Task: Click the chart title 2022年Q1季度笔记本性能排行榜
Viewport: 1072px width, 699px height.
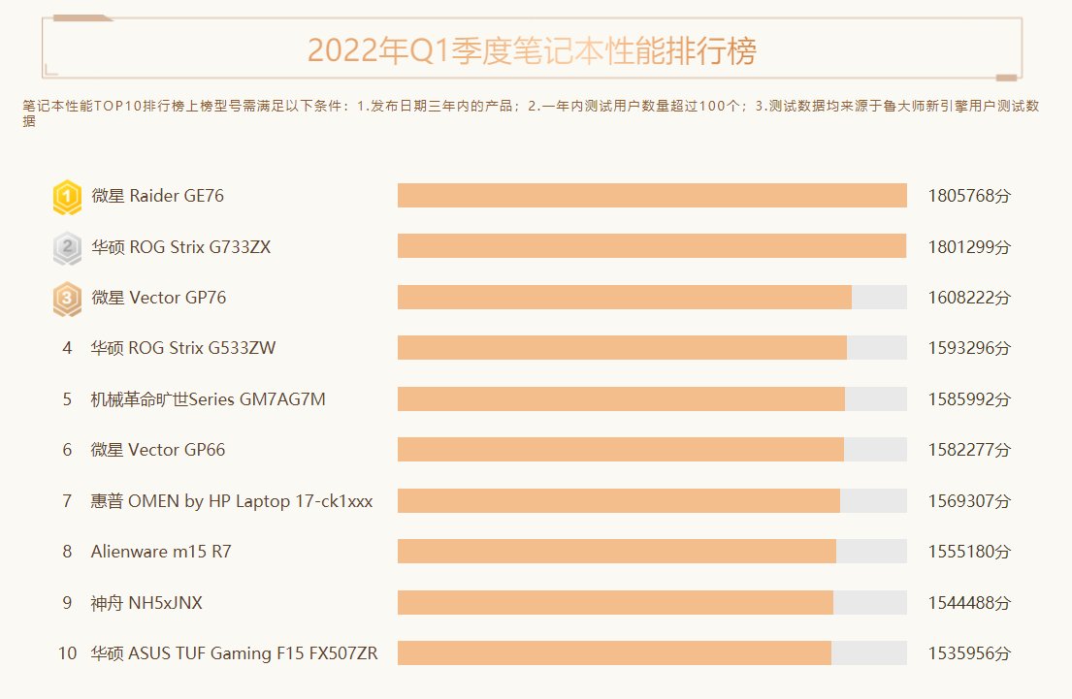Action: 532,50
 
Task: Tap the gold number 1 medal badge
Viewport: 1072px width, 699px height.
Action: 67,197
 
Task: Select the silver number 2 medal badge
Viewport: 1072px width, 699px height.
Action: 67,247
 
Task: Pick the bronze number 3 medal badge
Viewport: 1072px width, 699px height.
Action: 67,299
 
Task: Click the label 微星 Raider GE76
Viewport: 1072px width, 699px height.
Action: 157,196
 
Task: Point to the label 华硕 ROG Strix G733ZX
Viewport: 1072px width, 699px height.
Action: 180,247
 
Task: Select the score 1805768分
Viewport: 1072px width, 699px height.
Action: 968,196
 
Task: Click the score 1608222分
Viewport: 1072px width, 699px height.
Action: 968,298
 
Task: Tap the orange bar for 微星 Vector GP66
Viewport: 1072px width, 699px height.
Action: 620,450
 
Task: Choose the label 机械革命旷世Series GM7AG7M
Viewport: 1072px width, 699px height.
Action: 208,399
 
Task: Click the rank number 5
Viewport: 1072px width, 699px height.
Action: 67,399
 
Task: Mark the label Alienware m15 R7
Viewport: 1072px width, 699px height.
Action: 161,552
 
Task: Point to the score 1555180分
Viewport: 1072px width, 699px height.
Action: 968,552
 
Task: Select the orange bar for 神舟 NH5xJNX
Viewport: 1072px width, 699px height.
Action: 615,602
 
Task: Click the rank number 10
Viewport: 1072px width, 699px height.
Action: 67,653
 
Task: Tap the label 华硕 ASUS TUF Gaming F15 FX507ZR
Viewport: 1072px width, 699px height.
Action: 234,653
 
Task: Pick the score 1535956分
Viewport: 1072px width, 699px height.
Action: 968,653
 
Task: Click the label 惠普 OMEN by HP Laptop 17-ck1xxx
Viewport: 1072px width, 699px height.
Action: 231,501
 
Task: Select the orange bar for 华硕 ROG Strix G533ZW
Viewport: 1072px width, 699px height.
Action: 622,348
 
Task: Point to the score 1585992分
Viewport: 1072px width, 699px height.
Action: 968,399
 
